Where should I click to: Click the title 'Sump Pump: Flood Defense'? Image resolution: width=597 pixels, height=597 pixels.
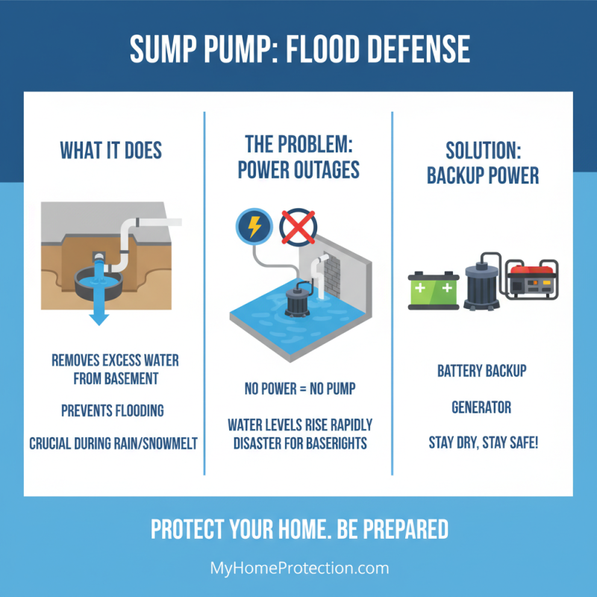(x=299, y=49)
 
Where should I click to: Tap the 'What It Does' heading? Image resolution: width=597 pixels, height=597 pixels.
(x=110, y=150)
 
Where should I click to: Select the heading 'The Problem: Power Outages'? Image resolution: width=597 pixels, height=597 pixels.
(x=298, y=157)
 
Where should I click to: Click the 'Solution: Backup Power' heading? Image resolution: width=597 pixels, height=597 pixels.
(x=482, y=162)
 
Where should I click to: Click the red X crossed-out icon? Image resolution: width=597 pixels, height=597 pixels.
(x=296, y=227)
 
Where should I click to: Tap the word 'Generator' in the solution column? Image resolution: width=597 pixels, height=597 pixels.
(x=481, y=407)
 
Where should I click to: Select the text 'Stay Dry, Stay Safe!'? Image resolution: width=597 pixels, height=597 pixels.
(x=483, y=443)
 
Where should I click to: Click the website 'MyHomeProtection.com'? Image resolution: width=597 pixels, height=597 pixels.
(x=299, y=568)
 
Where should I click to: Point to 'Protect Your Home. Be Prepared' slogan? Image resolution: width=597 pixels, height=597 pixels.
(x=299, y=529)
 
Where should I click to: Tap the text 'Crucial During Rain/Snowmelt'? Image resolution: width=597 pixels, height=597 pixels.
(x=113, y=443)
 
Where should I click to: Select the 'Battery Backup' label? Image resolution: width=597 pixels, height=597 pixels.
(x=481, y=372)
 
